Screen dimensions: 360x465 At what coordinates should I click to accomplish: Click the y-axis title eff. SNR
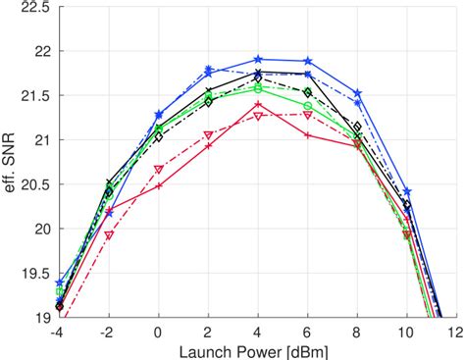12,162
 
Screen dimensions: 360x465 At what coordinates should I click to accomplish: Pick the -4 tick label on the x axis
59,333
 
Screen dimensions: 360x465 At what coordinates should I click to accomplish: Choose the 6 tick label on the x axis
308,333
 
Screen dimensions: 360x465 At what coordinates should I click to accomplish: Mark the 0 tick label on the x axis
159,333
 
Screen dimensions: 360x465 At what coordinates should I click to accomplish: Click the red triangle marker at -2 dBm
109,235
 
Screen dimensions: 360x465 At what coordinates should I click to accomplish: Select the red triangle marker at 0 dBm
159,169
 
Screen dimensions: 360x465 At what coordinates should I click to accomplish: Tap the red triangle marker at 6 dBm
308,115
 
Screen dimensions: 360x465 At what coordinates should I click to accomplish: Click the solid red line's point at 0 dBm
159,185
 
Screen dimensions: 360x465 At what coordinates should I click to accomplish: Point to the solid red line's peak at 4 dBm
258,103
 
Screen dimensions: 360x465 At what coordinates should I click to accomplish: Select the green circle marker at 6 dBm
308,106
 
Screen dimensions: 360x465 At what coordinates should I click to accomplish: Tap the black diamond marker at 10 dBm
407,205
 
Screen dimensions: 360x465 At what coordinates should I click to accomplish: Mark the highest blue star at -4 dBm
60,283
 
